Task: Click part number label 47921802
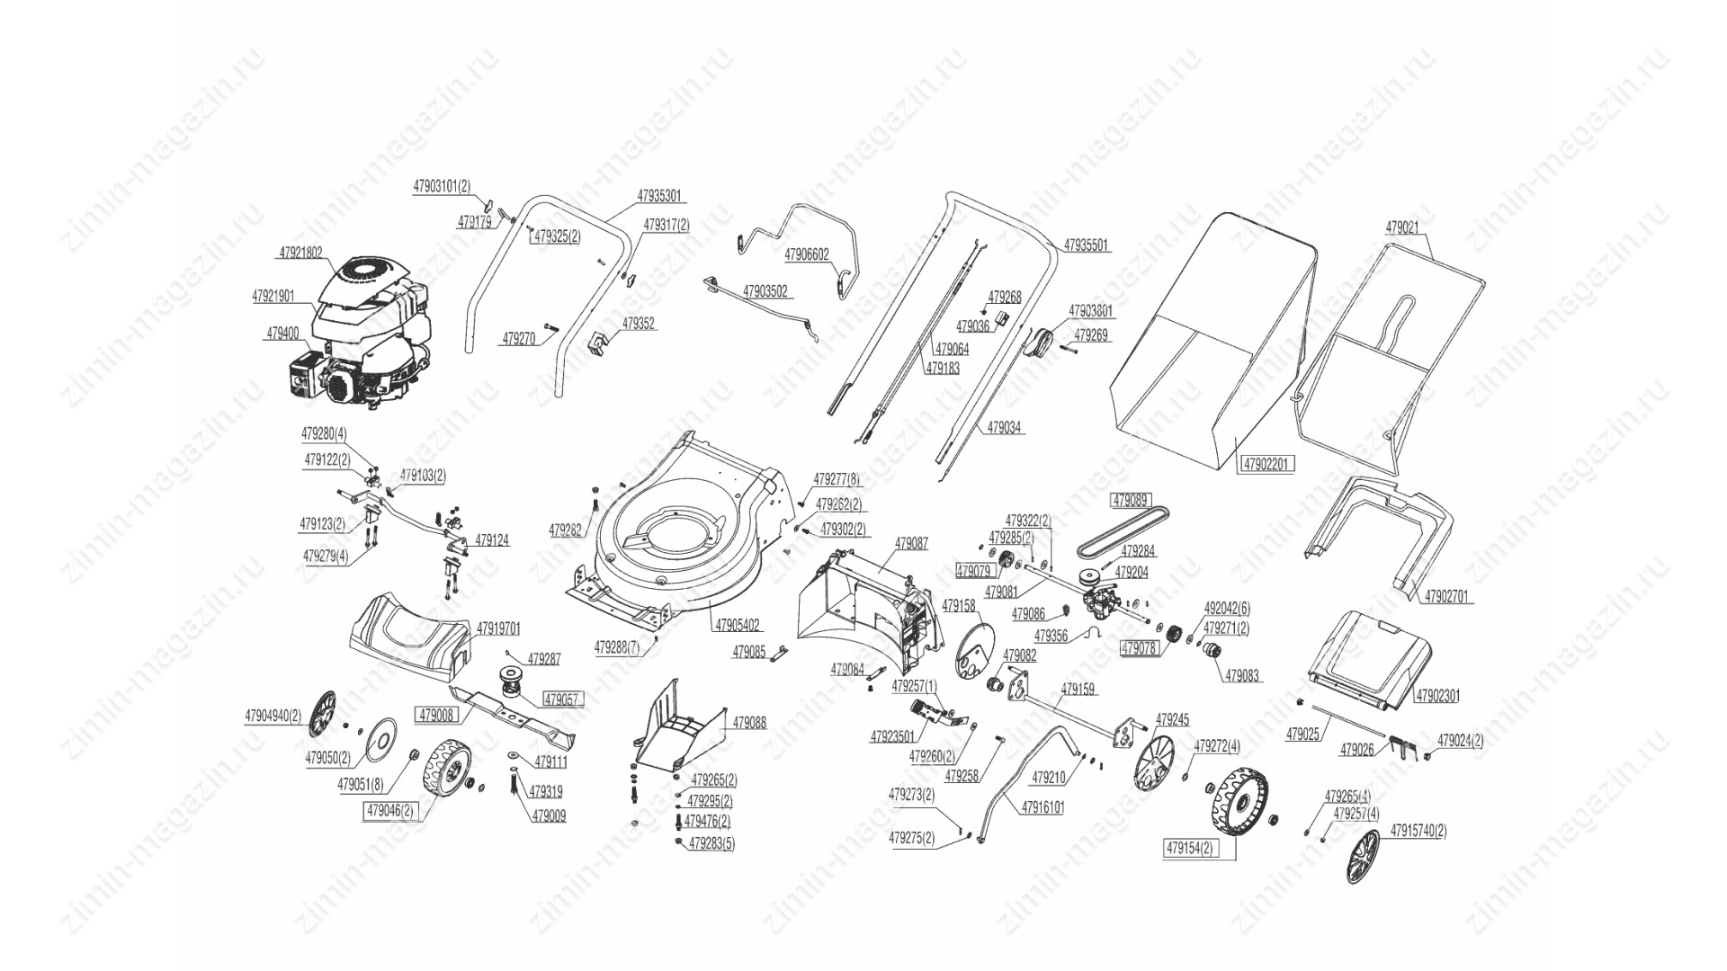pos(300,254)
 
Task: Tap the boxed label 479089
pos(1131,501)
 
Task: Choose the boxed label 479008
pos(436,716)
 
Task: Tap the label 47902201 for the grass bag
pos(1267,465)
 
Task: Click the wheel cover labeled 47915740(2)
pos(1364,856)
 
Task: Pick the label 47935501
pos(1087,245)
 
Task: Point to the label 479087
pos(911,544)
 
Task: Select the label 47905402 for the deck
pos(738,625)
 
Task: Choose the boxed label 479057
pos(563,699)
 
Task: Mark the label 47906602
pos(807,255)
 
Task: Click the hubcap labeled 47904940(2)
pos(321,715)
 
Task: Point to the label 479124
pos(492,541)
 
